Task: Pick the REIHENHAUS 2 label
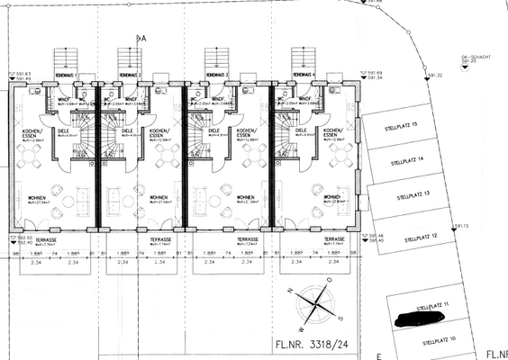pos(131,75)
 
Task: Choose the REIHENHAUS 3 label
pos(216,75)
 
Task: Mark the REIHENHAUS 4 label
pos(302,75)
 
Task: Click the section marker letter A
pos(141,39)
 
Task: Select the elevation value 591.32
pos(436,76)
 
